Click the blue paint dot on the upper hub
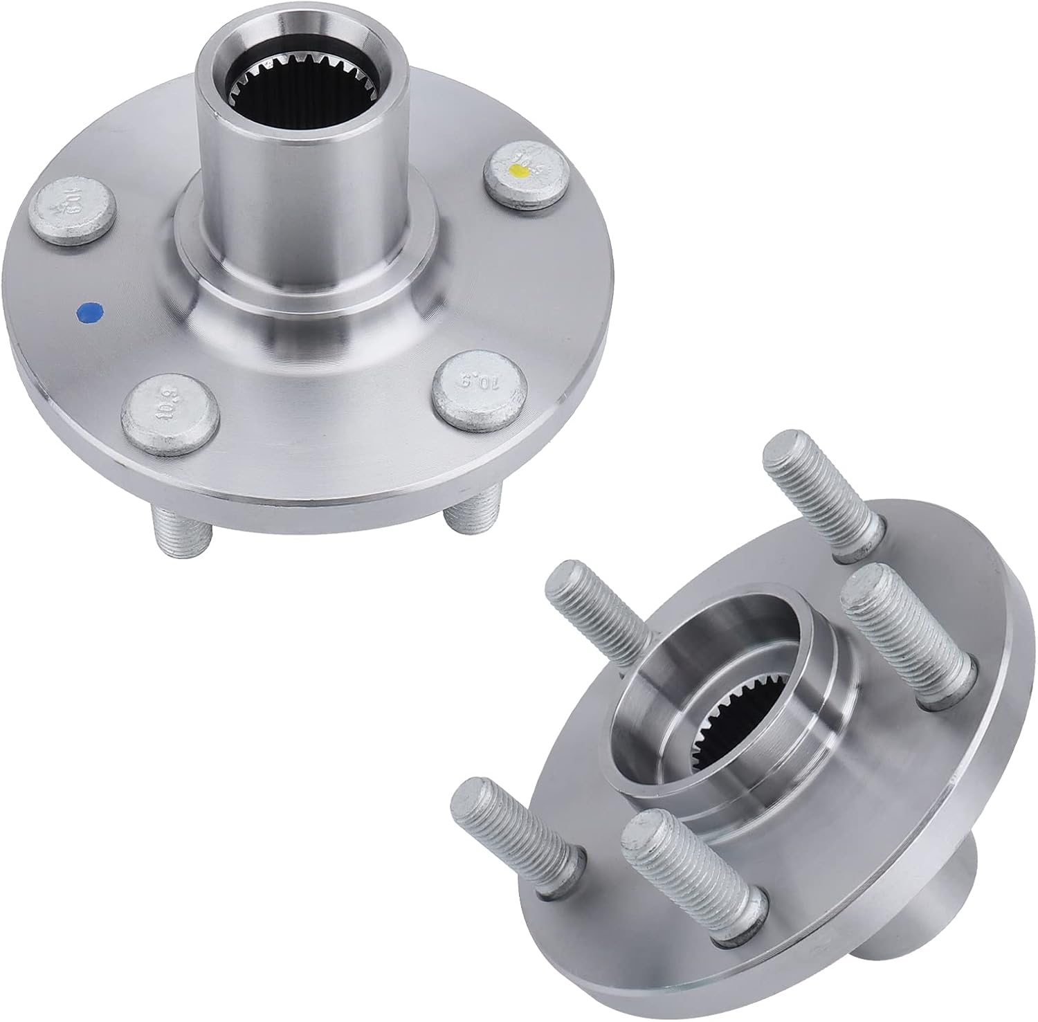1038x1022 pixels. click(88, 312)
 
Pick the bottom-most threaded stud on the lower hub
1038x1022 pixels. click(692, 865)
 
